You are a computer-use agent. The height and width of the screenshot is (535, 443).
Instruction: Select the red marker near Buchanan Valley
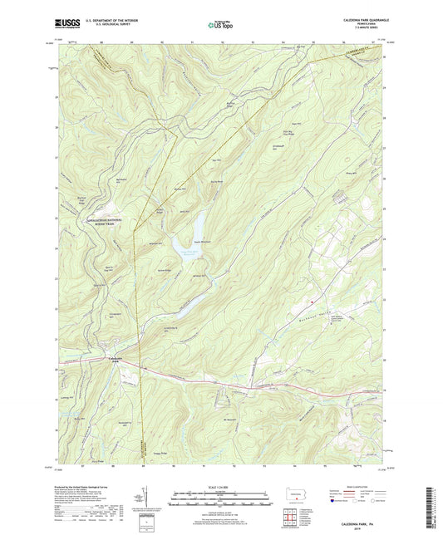(311, 301)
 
